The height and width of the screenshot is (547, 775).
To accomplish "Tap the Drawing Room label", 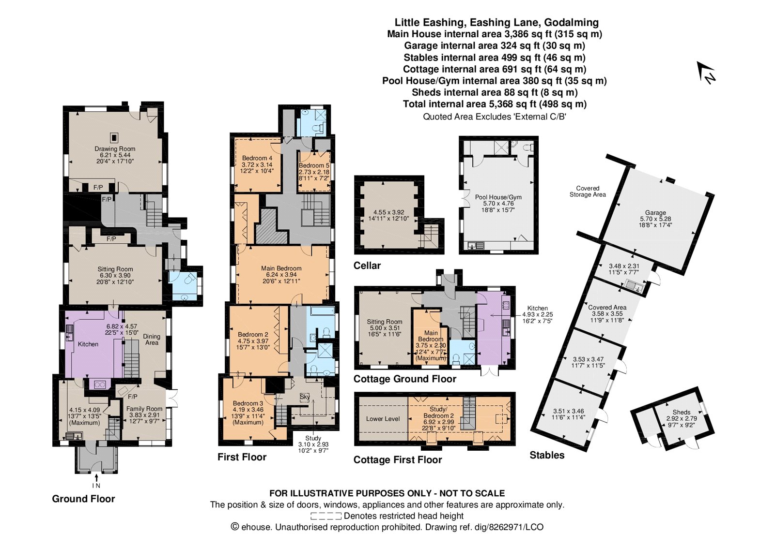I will (x=115, y=149).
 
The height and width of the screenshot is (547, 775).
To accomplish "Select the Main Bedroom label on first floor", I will (x=281, y=268).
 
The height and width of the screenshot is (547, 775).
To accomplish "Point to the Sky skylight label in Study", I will (x=305, y=397).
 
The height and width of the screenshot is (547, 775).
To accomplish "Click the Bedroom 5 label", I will (x=314, y=165).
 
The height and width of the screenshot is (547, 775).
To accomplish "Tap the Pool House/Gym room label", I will (x=498, y=197).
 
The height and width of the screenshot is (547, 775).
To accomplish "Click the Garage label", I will (x=655, y=213).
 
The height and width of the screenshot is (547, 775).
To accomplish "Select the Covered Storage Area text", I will (x=588, y=192).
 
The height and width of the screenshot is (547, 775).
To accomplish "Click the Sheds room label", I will (x=681, y=413).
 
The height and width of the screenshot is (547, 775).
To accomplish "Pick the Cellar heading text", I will (x=367, y=266).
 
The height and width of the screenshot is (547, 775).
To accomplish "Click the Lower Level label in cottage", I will (x=383, y=419).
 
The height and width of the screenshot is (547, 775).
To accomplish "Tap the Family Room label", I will (x=144, y=409).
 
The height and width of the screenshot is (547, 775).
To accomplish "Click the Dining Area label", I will (x=152, y=340).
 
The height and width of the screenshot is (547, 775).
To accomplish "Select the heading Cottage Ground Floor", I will (x=404, y=379).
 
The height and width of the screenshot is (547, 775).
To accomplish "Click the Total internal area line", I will (x=495, y=104).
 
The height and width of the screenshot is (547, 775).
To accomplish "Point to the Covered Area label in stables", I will (x=607, y=308).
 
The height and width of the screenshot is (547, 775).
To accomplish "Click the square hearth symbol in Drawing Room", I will (x=114, y=137).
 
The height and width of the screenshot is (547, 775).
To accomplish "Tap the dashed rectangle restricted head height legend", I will (x=325, y=516).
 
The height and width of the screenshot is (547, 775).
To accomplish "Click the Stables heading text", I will (x=547, y=455).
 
